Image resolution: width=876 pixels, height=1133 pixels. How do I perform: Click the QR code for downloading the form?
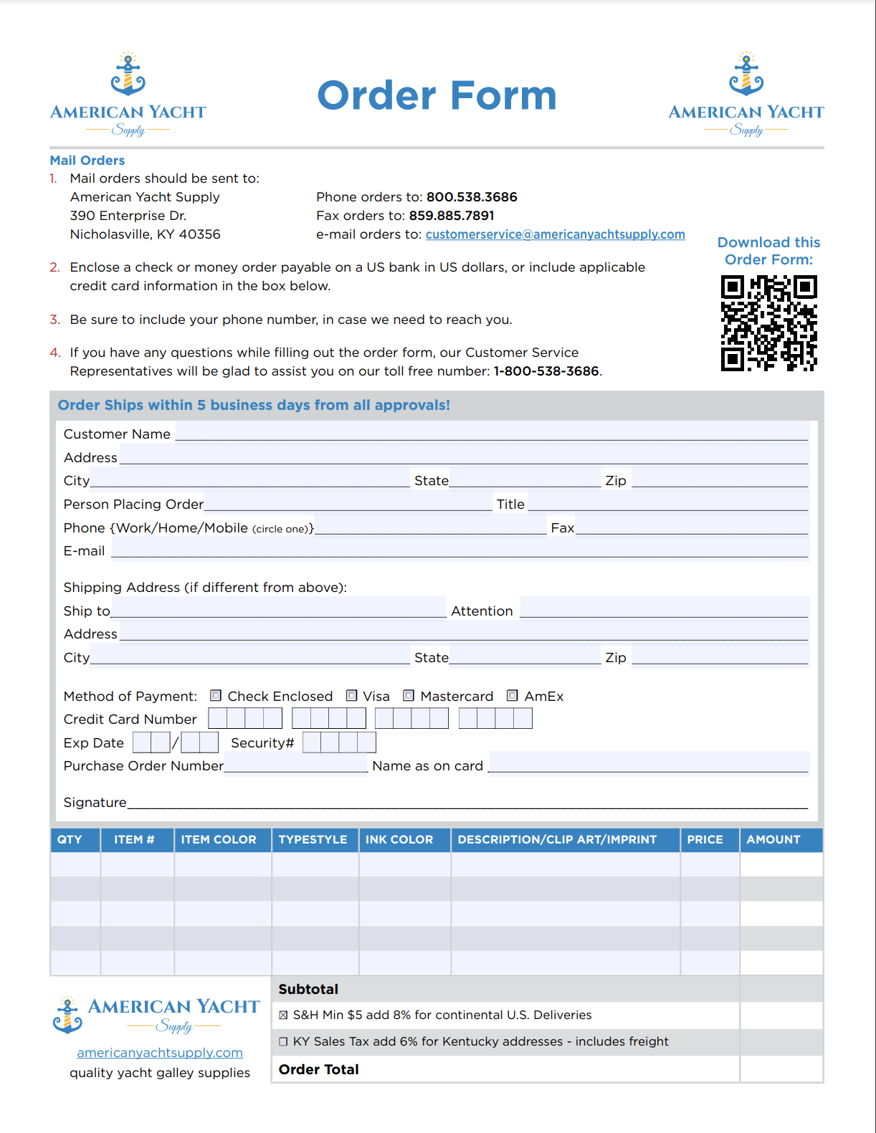pyautogui.click(x=768, y=323)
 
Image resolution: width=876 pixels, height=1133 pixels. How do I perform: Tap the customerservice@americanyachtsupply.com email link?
pyautogui.click(x=555, y=234)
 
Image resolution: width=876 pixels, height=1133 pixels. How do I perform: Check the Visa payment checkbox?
pyautogui.click(x=352, y=696)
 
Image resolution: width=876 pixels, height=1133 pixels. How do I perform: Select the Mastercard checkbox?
pyautogui.click(x=409, y=696)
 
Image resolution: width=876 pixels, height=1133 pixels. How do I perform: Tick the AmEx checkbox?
pyautogui.click(x=513, y=696)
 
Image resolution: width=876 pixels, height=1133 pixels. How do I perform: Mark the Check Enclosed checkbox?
pyautogui.click(x=216, y=696)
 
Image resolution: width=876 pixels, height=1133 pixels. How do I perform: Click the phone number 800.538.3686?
pyautogui.click(x=472, y=197)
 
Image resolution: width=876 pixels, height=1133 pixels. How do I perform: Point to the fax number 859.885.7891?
pyautogui.click(x=452, y=216)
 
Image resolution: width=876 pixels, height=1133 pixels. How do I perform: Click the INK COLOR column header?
pyautogui.click(x=399, y=840)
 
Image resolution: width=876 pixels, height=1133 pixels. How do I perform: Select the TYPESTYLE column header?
pyautogui.click(x=313, y=840)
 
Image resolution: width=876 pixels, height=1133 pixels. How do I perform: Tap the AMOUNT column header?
pyautogui.click(x=773, y=840)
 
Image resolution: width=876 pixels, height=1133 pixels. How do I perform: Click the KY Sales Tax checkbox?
pyautogui.click(x=283, y=1041)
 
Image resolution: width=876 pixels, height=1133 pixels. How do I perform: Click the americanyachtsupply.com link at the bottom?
pyautogui.click(x=160, y=1053)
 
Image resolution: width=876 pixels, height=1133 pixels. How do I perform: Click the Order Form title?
pyautogui.click(x=437, y=96)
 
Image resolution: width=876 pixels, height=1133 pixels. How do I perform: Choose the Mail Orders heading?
pyautogui.click(x=87, y=161)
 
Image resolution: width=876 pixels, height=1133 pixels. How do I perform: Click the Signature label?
pyautogui.click(x=95, y=803)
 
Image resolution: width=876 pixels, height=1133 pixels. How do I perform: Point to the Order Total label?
pyautogui.click(x=318, y=1069)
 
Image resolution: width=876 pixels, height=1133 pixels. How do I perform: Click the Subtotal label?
pyautogui.click(x=308, y=989)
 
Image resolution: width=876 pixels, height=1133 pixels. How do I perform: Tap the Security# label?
pyautogui.click(x=262, y=743)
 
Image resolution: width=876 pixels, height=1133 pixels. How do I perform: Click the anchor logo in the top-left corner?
pyautogui.click(x=128, y=75)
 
